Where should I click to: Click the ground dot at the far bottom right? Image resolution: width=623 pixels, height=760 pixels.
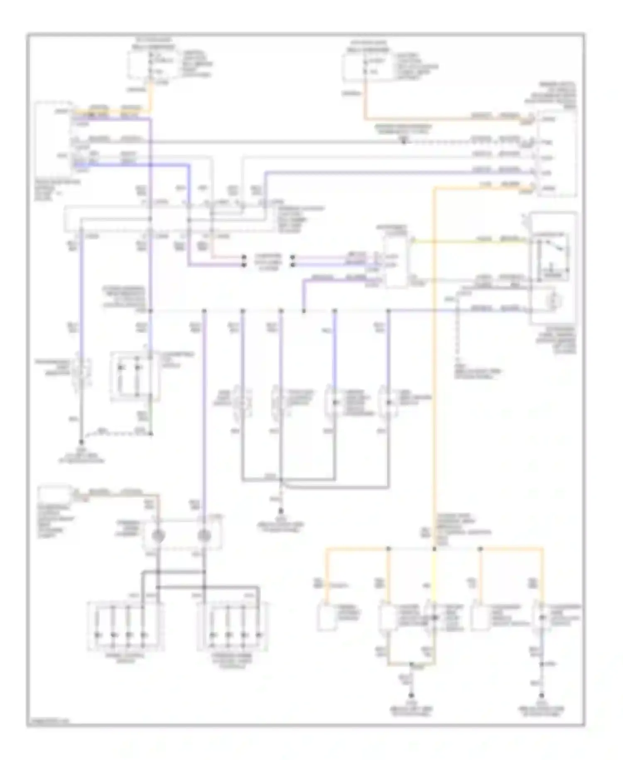tap(542, 695)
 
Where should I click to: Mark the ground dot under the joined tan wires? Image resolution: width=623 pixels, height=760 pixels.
tap(411, 695)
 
